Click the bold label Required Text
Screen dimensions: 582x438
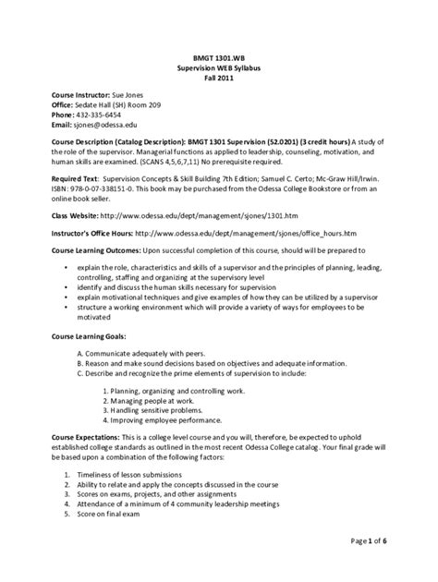tap(75, 197)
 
